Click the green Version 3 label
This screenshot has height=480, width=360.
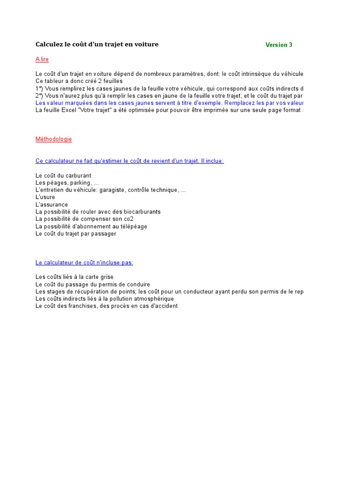(x=278, y=45)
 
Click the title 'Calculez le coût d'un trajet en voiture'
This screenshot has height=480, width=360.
(x=97, y=45)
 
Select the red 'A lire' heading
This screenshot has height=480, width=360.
(x=42, y=60)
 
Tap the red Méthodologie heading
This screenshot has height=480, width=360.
(x=53, y=139)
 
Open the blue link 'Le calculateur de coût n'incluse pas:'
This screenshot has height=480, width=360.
(x=84, y=262)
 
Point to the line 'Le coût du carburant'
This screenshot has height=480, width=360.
(x=63, y=176)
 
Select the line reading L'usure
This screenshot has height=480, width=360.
(x=45, y=197)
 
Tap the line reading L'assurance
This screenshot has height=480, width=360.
(x=52, y=205)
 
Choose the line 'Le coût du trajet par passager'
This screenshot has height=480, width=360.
(x=76, y=234)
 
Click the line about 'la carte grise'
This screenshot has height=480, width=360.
(x=75, y=277)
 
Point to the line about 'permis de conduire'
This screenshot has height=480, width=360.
(x=93, y=285)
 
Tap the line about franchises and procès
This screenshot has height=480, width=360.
(x=106, y=306)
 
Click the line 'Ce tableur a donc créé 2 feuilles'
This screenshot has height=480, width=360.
(x=79, y=81)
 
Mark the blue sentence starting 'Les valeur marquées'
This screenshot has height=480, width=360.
(x=169, y=103)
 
